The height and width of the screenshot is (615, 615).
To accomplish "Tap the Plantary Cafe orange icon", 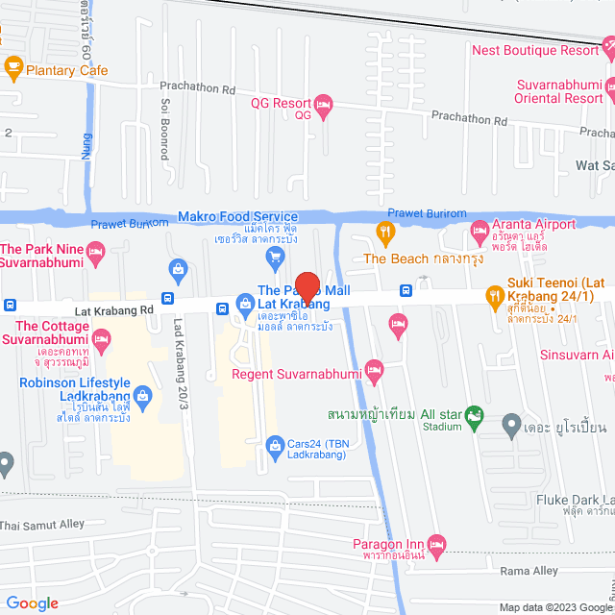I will pos(13,66).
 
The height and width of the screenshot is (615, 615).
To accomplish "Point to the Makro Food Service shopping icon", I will pos(276,255).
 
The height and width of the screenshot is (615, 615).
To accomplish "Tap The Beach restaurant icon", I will pos(384,231).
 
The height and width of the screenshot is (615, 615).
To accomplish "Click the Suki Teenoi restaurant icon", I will pos(496,294).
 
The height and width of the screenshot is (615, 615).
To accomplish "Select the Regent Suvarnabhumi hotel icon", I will pos(376,370).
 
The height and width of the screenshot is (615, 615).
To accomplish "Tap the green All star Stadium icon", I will pos(474,416).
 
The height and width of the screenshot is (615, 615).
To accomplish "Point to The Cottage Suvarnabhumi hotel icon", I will pos(103,338).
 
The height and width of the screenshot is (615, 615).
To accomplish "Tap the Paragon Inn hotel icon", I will pos(437,545).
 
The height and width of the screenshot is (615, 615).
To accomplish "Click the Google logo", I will pos(33,603).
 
